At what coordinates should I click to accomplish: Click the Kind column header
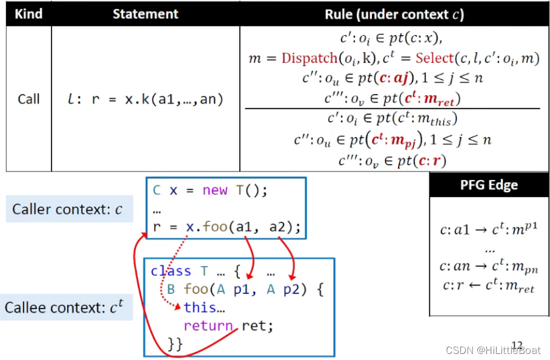[28, 14]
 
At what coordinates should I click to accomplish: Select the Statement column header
[145, 14]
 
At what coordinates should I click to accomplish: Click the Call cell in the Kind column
[28, 99]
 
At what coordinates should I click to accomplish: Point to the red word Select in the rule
[434, 59]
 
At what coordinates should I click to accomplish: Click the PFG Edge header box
[489, 185]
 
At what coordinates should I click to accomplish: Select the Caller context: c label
[67, 210]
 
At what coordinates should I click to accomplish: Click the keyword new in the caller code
[215, 190]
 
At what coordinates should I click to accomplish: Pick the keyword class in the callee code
[171, 271]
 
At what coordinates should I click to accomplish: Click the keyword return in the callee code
[209, 326]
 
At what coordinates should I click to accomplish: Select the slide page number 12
[517, 344]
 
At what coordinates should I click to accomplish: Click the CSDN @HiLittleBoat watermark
[494, 350]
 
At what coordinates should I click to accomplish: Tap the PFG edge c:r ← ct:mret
[489, 288]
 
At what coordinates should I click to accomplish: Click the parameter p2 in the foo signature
[291, 289]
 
